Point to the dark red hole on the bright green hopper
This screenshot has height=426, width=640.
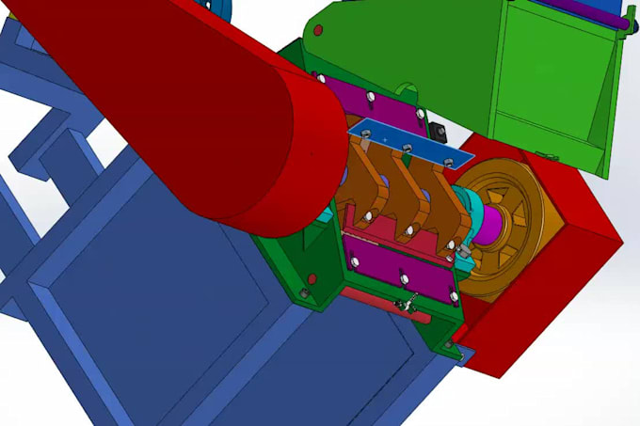(317, 31)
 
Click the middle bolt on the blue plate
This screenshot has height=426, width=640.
(407, 148)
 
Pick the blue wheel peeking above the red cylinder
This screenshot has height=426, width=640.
(223, 8)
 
